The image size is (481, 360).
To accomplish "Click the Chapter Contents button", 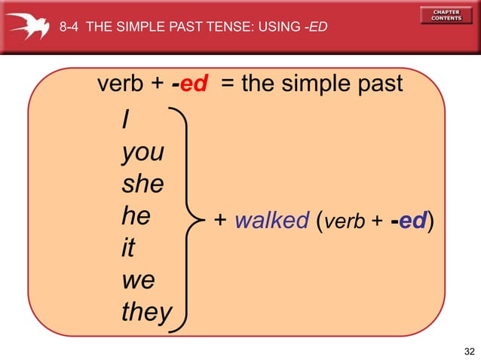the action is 446,15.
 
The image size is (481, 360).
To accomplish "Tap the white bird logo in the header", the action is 28,26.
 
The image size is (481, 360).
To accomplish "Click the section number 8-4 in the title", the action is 69,26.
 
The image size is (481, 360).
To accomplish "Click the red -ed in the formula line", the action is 190,83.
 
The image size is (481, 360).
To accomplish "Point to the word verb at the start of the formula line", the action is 121,83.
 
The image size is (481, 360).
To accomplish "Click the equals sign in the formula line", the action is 227,83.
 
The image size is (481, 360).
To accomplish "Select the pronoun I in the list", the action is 126,119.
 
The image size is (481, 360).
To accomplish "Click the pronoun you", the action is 143,153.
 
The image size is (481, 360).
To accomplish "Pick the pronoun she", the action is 143,184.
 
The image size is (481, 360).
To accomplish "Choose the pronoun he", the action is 136,215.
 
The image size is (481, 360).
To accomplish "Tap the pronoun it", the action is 128,247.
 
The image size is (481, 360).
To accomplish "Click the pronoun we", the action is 139,280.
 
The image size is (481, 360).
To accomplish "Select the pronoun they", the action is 147,312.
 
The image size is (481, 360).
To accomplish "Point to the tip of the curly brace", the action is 204,220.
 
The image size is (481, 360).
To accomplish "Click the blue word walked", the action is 272,220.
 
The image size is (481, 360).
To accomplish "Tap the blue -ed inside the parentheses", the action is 409,220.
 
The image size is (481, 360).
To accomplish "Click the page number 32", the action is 470,352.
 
